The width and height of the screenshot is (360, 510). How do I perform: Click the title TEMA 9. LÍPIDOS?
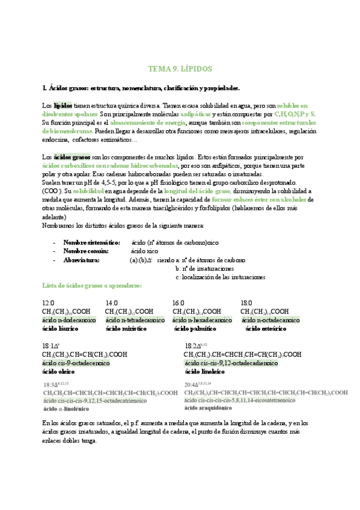click(180, 69)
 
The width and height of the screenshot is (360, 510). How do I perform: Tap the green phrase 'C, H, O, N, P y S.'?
click(294, 114)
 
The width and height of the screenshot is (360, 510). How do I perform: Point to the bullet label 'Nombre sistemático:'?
click(96, 242)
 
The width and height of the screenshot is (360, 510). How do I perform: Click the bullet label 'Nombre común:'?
click(86, 251)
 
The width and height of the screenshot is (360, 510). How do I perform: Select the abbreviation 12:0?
click(48, 303)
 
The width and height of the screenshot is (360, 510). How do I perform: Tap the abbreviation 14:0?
click(112, 303)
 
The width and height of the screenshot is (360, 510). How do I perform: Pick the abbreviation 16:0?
click(178, 303)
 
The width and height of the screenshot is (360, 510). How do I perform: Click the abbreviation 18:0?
click(246, 303)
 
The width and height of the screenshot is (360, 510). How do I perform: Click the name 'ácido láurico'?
click(61, 329)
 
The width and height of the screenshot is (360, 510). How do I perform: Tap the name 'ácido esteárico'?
click(266, 329)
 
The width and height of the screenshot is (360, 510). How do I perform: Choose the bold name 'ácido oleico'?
click(59, 372)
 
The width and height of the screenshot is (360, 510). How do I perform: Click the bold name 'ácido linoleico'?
click(204, 372)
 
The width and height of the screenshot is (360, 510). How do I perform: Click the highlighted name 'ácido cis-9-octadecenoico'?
click(76, 363)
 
